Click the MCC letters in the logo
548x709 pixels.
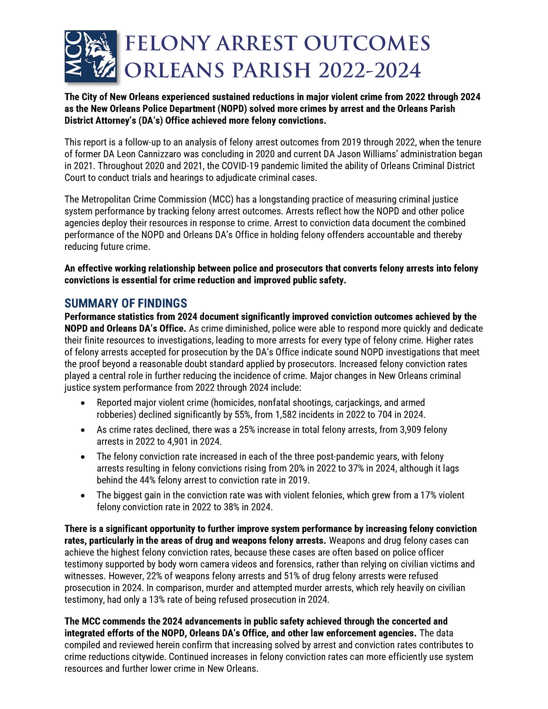(73, 56)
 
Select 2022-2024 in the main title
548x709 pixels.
(370, 70)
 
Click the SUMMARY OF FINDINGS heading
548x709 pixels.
(126, 303)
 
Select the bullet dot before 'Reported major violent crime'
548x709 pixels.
(83, 403)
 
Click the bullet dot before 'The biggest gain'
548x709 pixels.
(83, 496)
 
